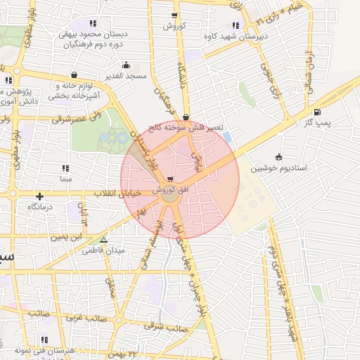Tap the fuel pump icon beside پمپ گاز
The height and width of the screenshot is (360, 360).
317,112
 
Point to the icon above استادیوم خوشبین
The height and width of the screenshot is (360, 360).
279,157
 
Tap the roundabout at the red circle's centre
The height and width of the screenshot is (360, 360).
169,198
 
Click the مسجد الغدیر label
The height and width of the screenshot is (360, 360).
126,75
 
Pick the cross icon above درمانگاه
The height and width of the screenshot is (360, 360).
40,196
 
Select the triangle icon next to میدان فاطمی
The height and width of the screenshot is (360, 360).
104,240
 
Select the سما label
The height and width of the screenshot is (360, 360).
66,180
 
